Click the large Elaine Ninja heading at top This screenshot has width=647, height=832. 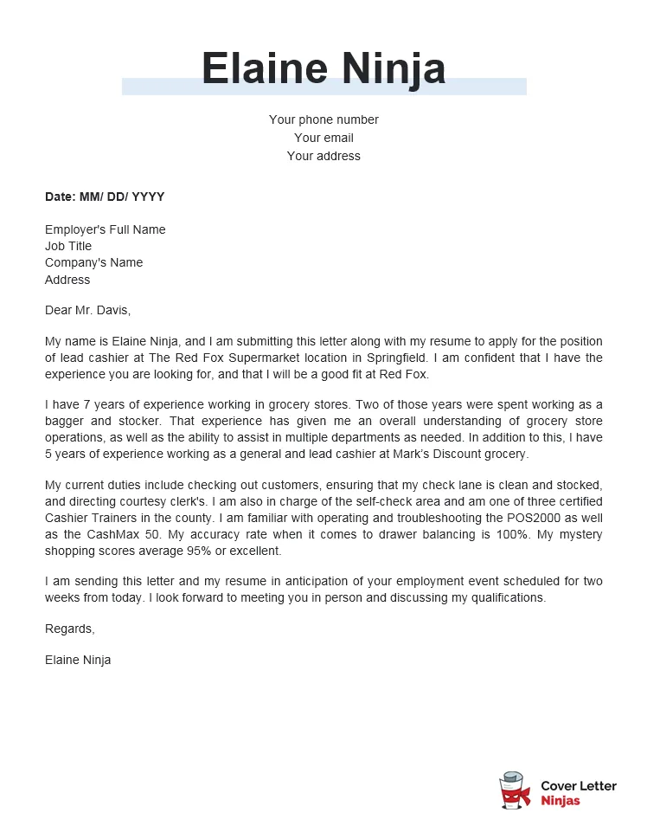coord(323,68)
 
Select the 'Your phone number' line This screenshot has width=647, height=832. coord(323,119)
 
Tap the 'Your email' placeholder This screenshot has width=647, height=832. coord(323,138)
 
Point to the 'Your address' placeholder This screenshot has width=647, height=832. coord(323,156)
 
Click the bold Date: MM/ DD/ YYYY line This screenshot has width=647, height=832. coord(105,197)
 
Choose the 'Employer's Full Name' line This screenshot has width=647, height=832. coord(105,229)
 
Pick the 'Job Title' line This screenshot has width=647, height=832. coord(68,246)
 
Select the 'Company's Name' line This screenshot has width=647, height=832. coord(93,262)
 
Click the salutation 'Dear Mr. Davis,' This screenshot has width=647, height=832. coord(87,309)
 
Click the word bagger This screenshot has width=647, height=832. coord(65,422)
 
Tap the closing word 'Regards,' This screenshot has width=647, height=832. coord(69,629)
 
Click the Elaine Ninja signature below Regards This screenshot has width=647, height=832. coord(78,660)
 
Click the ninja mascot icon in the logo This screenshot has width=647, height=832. coord(516,792)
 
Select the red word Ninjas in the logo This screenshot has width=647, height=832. coord(561,801)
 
